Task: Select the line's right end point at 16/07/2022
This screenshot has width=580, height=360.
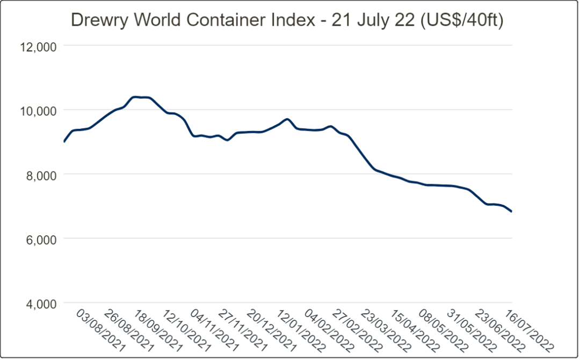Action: tap(512, 212)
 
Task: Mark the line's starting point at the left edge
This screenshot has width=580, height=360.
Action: tap(64, 142)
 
